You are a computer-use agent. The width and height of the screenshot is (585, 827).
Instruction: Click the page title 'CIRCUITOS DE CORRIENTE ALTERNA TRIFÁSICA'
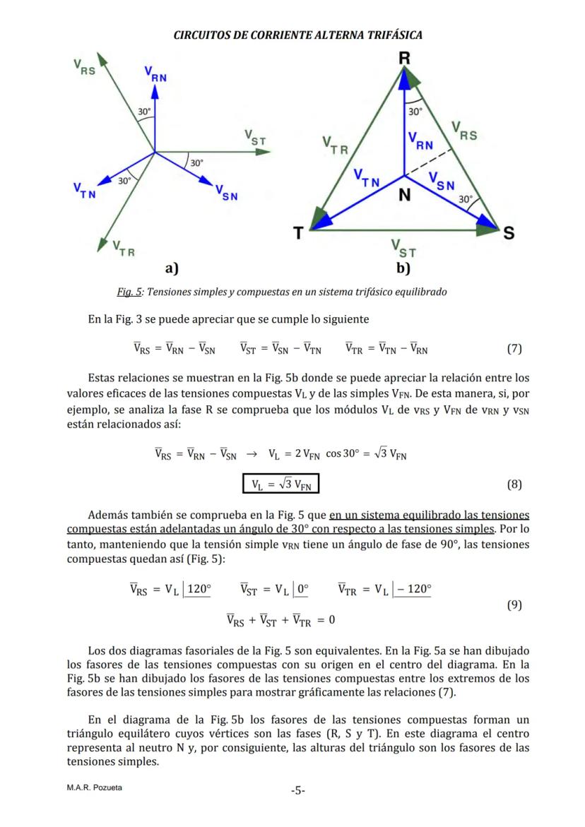pyautogui.click(x=297, y=35)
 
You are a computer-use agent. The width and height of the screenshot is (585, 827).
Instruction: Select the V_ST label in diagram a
pyautogui.click(x=254, y=137)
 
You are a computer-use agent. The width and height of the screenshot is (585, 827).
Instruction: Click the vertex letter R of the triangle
pyautogui.click(x=404, y=58)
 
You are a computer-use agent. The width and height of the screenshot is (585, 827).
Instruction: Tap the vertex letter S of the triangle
pyautogui.click(x=508, y=233)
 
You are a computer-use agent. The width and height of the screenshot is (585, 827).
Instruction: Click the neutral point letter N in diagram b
pyautogui.click(x=403, y=195)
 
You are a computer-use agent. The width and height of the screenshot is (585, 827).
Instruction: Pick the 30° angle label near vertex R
pyautogui.click(x=415, y=112)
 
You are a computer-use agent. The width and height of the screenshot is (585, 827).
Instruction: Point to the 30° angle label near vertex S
pyautogui.click(x=466, y=200)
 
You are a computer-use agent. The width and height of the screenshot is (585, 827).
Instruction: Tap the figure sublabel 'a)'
pyautogui.click(x=171, y=268)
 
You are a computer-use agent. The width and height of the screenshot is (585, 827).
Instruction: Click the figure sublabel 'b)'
pyautogui.click(x=403, y=268)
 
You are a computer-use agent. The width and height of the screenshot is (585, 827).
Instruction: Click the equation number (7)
pyautogui.click(x=514, y=348)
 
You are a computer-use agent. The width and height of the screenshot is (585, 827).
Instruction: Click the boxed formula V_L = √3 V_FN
pyautogui.click(x=281, y=484)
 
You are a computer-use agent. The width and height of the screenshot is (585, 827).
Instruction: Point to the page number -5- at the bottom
pyautogui.click(x=297, y=790)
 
